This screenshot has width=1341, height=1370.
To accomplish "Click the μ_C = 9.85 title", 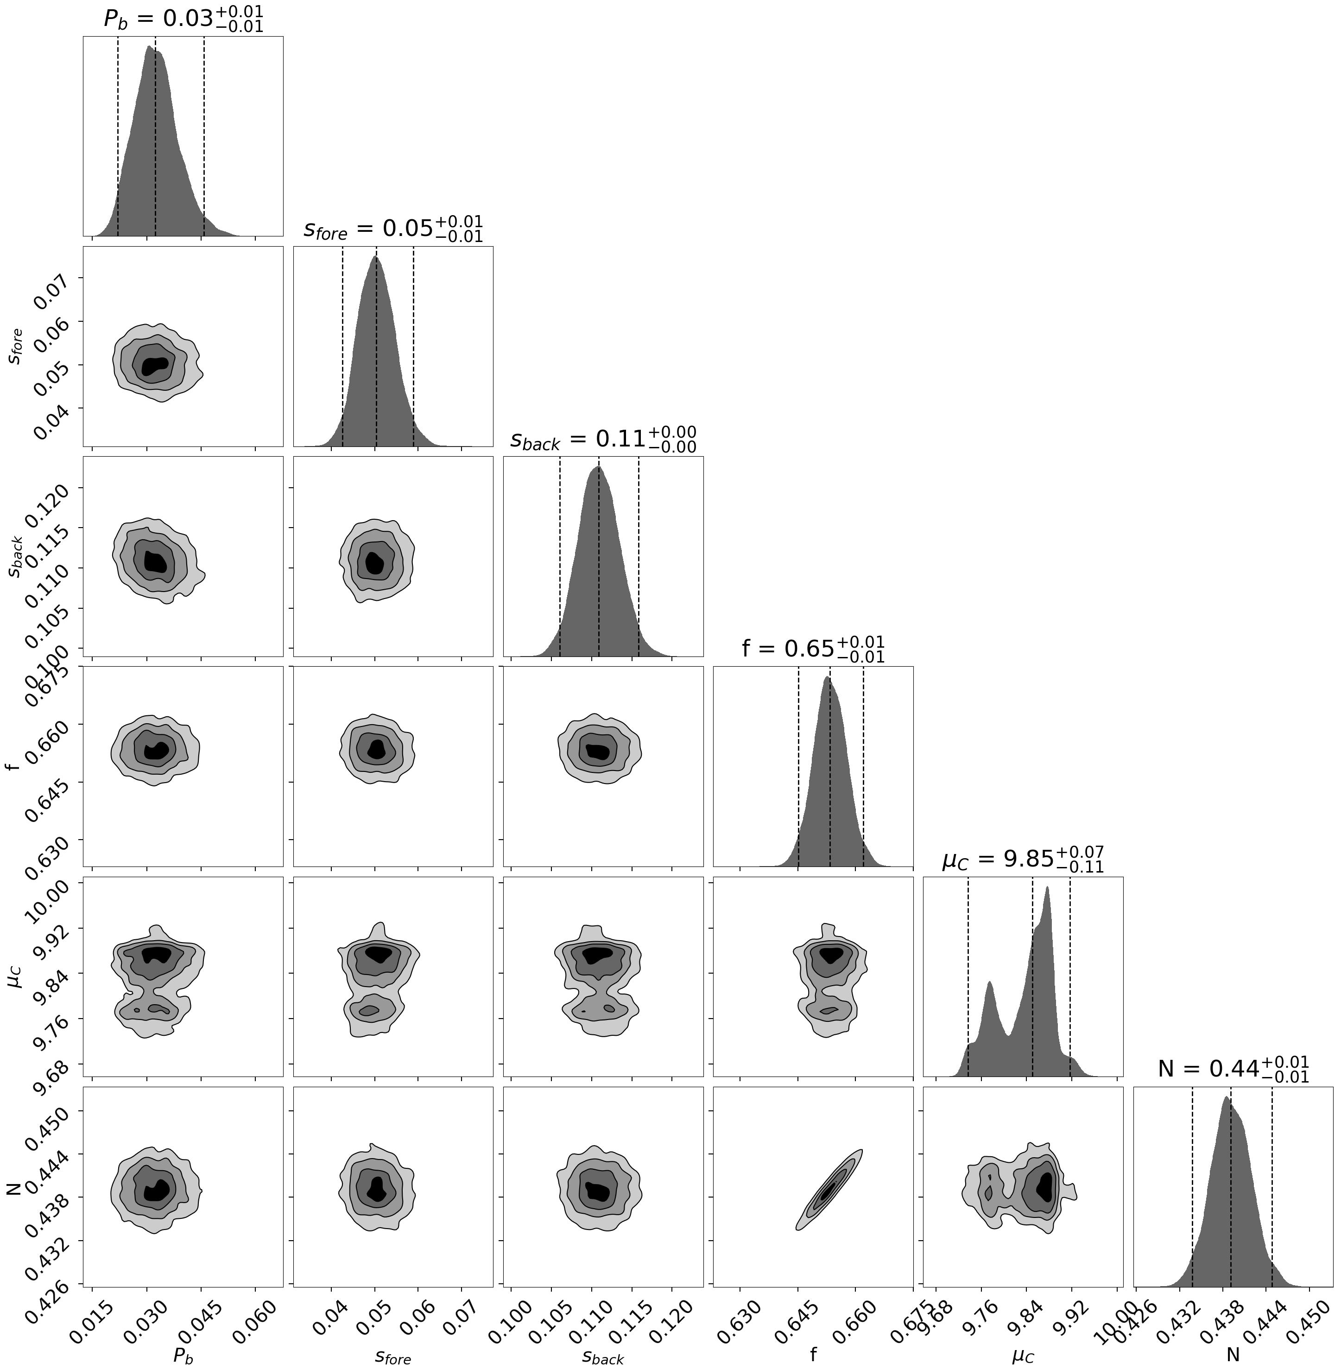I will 1023,860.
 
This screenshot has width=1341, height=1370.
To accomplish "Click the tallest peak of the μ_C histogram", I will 1047,889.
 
